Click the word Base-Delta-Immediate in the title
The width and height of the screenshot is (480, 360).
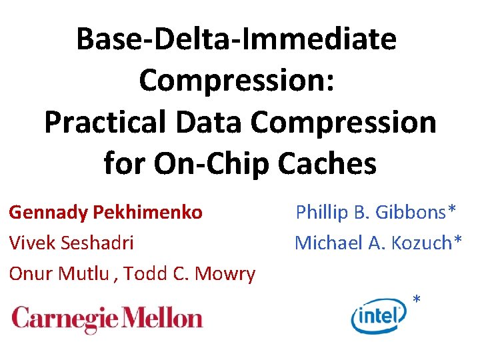(237, 39)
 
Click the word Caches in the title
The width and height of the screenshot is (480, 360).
(333, 163)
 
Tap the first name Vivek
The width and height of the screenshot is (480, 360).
(31, 243)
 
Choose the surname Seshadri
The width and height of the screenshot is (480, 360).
(97, 243)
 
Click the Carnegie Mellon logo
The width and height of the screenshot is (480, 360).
(107, 319)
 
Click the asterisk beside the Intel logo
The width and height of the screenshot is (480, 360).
(417, 299)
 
